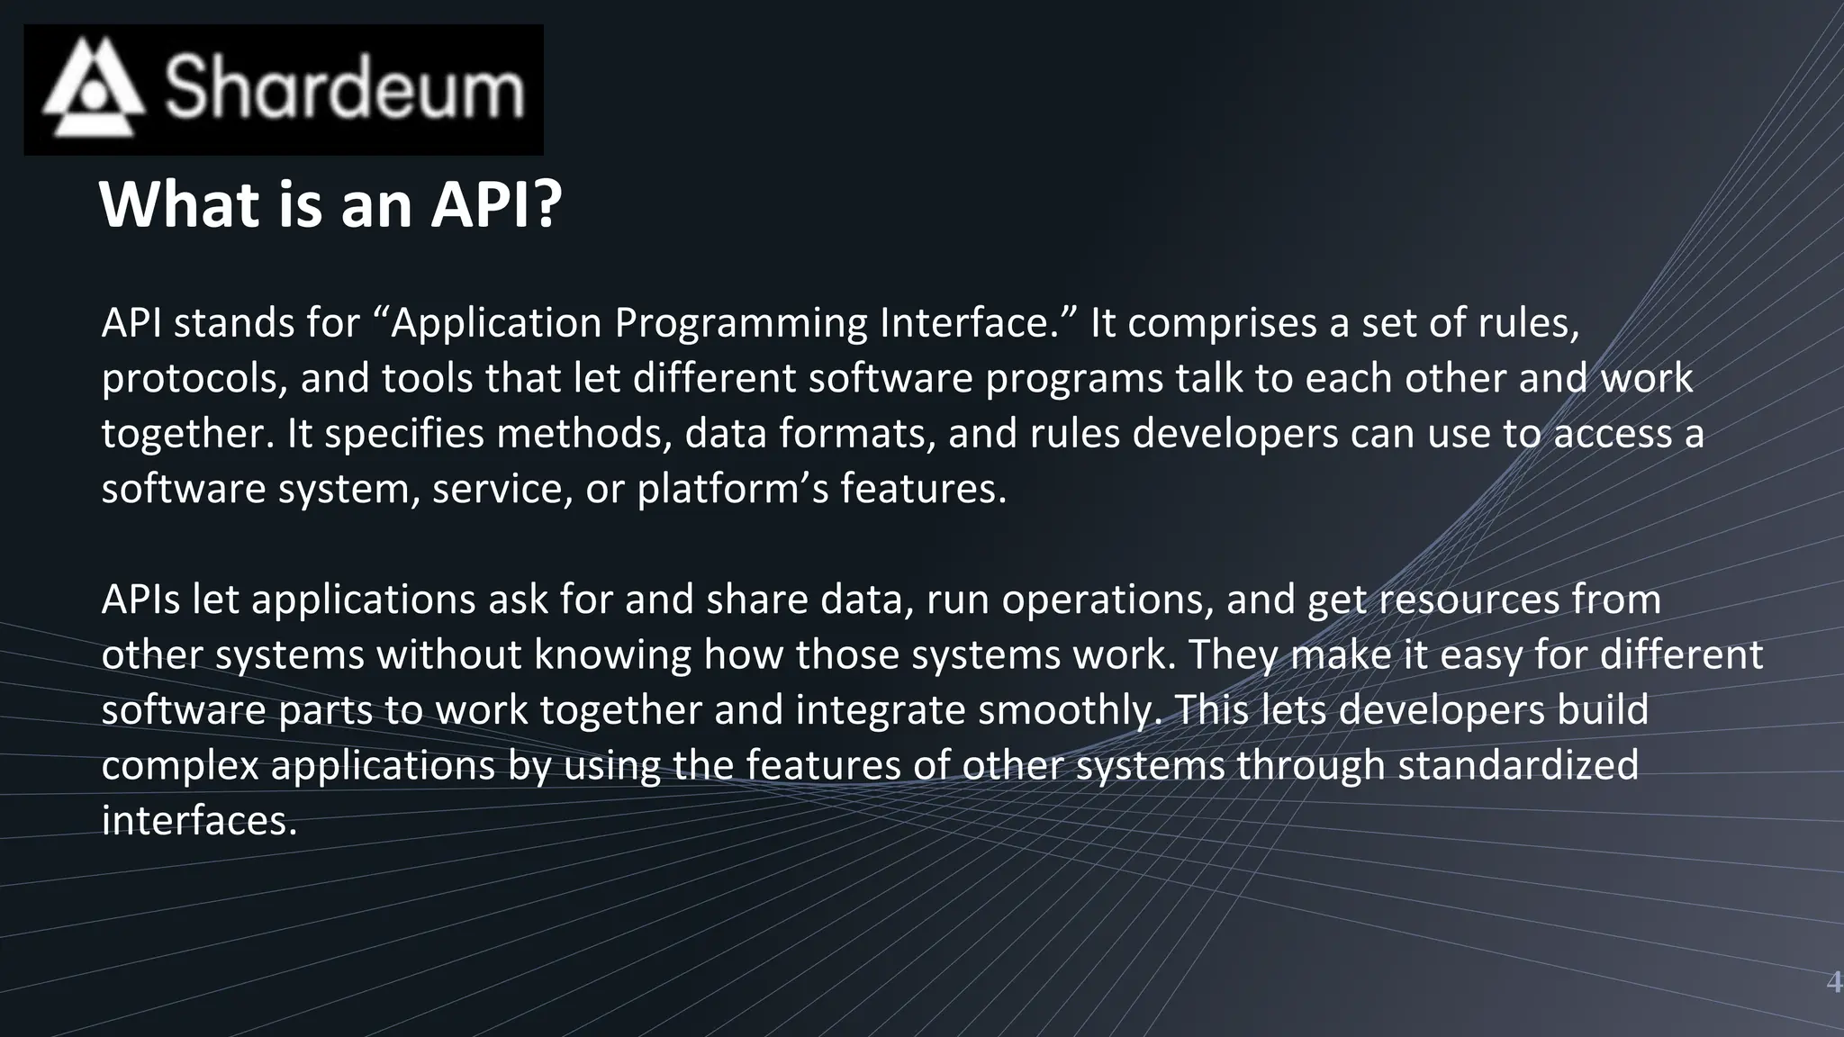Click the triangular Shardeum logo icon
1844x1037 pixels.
tap(93, 87)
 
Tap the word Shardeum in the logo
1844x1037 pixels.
tap(344, 87)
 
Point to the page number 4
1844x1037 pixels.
tap(1832, 982)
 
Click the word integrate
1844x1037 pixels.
tap(880, 711)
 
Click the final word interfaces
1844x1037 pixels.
tap(198, 821)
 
